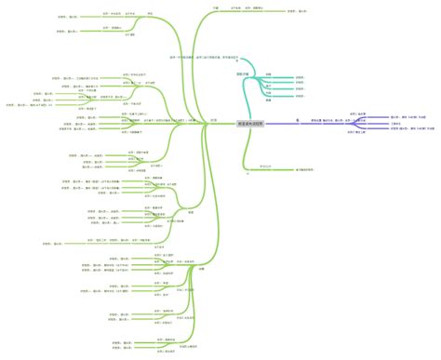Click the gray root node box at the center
click(249, 122)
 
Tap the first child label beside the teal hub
click(268, 74)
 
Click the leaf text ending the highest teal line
click(299, 77)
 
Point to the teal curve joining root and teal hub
click(246, 98)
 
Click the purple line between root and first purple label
click(279, 122)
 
